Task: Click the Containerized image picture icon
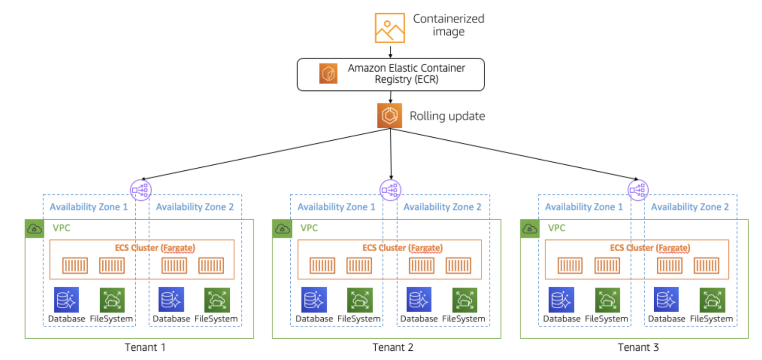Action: click(390, 27)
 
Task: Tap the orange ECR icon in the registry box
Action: click(328, 74)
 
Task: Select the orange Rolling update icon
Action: click(390, 115)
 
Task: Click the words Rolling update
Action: click(447, 116)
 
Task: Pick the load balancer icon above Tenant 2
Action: click(390, 190)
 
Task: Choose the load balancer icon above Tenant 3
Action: click(637, 190)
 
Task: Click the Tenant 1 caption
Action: click(145, 348)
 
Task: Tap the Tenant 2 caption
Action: click(392, 348)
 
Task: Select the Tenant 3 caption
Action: click(638, 348)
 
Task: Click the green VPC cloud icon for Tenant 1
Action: click(34, 228)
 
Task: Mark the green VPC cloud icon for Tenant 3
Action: click(529, 228)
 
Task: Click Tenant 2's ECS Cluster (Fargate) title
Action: click(402, 248)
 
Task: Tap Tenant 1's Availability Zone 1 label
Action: click(88, 207)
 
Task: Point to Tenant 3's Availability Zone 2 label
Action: click(690, 207)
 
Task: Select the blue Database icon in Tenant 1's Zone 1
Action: click(67, 299)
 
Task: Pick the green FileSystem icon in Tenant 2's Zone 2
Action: click(464, 299)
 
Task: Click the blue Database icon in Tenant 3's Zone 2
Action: click(666, 299)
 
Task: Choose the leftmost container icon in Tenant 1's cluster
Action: click(75, 265)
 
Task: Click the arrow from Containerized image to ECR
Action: click(390, 51)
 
